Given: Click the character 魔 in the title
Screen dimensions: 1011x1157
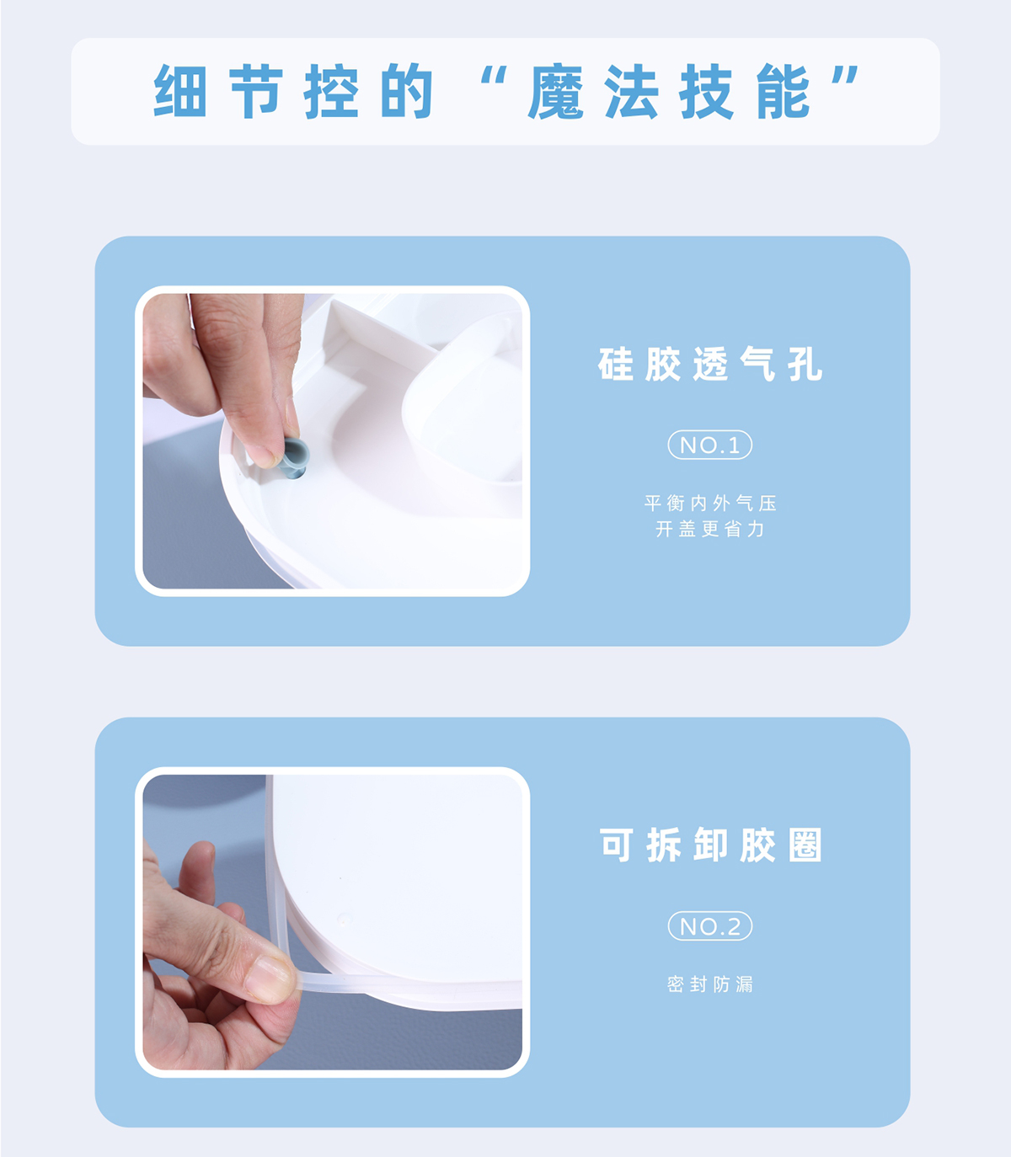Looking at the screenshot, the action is pos(555,91).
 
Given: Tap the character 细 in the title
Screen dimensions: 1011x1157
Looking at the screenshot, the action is pos(180,90).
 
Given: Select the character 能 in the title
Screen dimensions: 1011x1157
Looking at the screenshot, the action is pos(783,91).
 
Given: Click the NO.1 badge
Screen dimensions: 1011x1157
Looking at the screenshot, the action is pos(709,445).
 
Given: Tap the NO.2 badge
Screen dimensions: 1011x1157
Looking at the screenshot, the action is pos(709,926).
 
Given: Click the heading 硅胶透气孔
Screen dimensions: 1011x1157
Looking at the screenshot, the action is pos(709,364).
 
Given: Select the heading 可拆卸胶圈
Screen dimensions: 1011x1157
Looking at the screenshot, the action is pos(709,845).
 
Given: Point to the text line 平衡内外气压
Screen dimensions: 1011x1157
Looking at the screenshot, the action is pos(710,503).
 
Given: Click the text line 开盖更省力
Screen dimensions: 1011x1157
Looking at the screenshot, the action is pos(710,529).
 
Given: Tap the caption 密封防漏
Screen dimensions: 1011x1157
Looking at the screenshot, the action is pos(710,984).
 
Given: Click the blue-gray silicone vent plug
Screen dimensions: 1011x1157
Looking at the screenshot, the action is pos(294,457).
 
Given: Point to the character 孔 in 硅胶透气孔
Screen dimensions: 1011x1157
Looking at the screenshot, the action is pos(805,364).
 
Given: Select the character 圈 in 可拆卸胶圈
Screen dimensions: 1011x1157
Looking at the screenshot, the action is pos(805,845).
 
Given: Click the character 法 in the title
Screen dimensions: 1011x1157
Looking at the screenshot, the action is pos(631,91).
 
